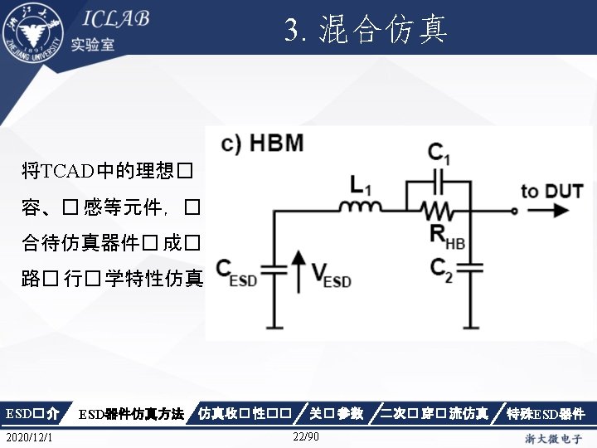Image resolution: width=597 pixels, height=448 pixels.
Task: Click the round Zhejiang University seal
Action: (32, 32)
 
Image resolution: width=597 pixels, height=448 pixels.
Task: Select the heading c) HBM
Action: (261, 143)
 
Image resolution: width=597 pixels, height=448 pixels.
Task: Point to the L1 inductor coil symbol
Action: (362, 207)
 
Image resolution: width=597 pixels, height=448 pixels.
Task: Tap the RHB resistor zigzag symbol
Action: (440, 209)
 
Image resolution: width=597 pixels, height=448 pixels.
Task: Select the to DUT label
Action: (551, 191)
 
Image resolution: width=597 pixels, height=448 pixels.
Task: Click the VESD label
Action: (331, 274)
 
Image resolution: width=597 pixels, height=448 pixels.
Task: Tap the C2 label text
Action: (441, 269)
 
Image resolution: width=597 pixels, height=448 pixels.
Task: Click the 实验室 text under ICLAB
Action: (93, 44)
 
